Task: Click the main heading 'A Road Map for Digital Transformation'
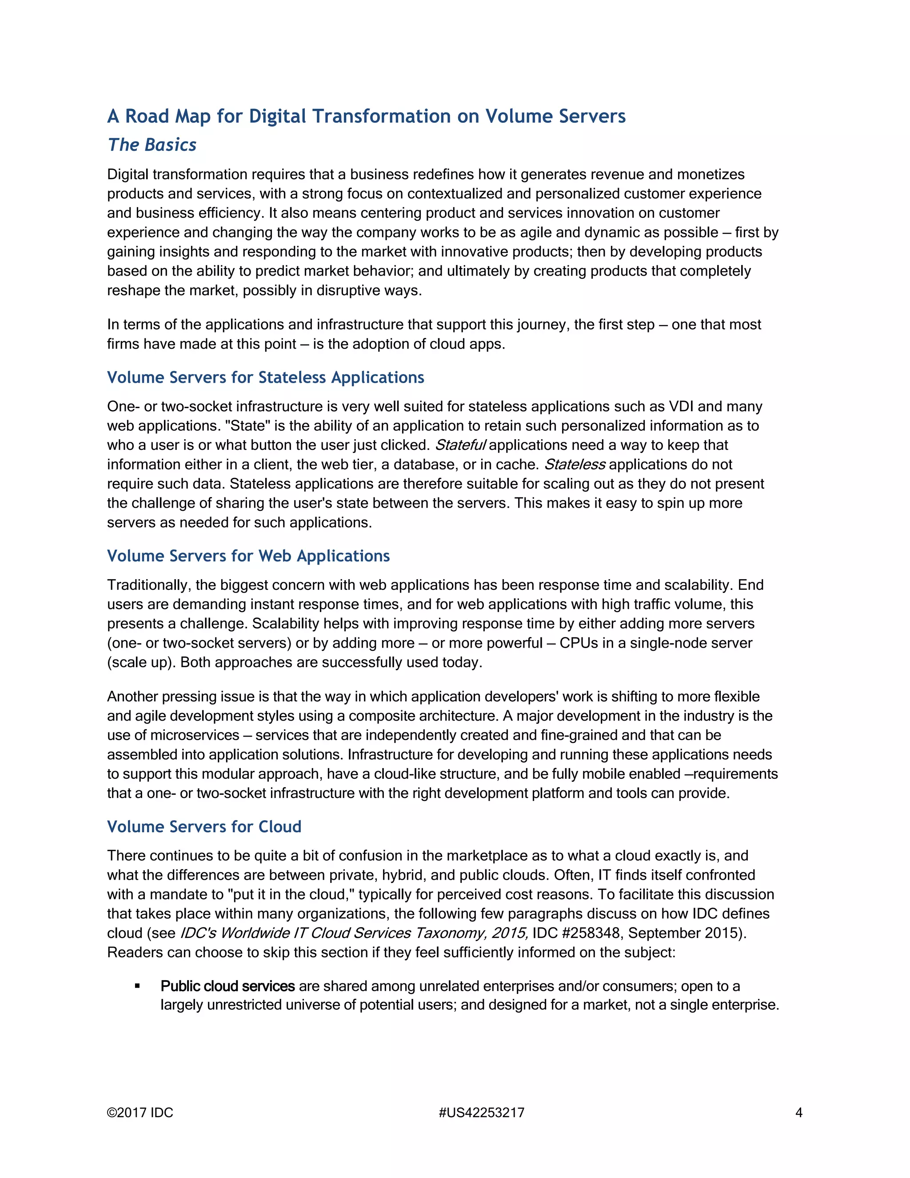(x=366, y=116)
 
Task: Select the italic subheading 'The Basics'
(x=152, y=145)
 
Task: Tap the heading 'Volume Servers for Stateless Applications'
(x=265, y=377)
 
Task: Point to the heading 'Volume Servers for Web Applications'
(x=248, y=556)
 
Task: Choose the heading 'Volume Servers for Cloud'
(x=204, y=827)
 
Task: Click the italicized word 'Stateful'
(x=460, y=445)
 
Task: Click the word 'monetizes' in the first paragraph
(x=710, y=175)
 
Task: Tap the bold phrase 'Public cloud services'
(x=227, y=986)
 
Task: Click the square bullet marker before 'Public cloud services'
(x=137, y=986)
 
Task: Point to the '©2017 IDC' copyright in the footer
(x=140, y=1113)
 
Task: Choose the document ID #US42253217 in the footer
(x=481, y=1113)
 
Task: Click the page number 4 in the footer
(x=799, y=1113)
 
